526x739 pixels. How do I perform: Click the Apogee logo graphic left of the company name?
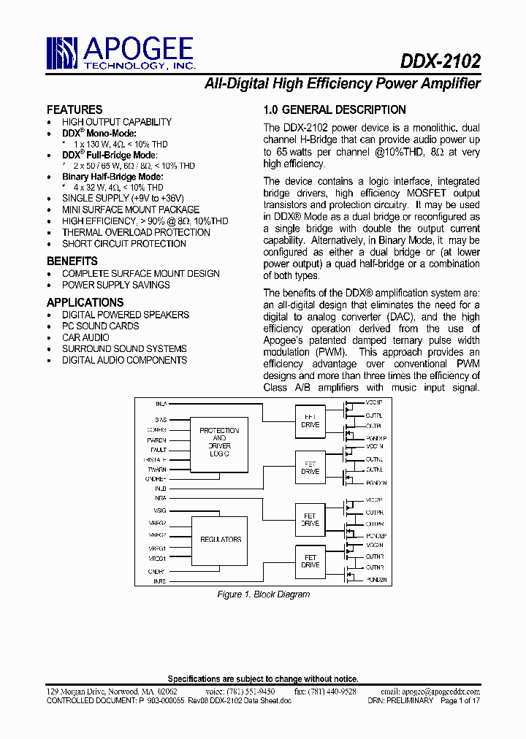click(63, 53)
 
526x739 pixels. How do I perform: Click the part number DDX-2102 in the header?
click(441, 61)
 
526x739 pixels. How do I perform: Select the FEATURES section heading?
click(75, 110)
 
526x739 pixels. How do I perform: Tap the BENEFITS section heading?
click(72, 261)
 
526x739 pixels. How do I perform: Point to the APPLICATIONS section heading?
click(85, 302)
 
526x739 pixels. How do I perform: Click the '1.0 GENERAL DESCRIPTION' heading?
click(335, 110)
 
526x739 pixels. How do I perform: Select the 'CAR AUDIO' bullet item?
click(85, 337)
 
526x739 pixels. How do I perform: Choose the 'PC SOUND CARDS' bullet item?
click(100, 326)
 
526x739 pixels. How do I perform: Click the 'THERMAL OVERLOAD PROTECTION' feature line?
click(136, 232)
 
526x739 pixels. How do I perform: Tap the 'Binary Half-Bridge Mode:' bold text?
click(113, 177)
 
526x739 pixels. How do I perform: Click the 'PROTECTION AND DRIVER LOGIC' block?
click(219, 443)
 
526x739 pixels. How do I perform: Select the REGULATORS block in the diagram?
click(220, 540)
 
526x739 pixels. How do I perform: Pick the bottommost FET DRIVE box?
click(310, 561)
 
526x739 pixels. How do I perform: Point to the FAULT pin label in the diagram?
click(159, 450)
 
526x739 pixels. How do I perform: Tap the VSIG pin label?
click(159, 510)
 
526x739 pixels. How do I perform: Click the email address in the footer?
click(440, 691)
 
